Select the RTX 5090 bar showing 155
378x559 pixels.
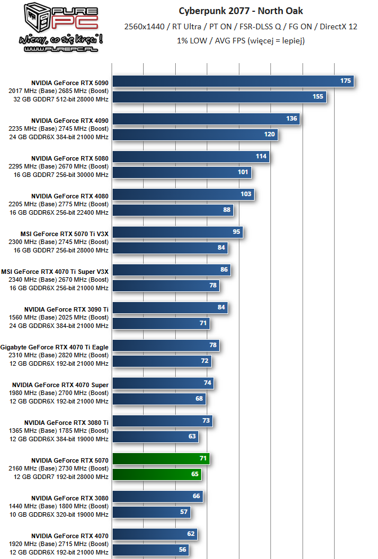tap(220, 97)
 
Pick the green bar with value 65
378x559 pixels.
tap(157, 474)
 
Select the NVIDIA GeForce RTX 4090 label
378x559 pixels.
tap(70, 121)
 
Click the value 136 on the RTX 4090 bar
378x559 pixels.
tap(291, 119)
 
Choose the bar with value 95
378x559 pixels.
tap(178, 232)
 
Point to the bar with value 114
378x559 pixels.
tap(191, 157)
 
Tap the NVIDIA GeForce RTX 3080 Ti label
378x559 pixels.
tap(66, 423)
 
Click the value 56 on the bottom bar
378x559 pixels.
tap(182, 550)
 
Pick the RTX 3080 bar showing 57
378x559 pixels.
tap(152, 512)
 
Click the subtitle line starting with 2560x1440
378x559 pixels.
tap(241, 26)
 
